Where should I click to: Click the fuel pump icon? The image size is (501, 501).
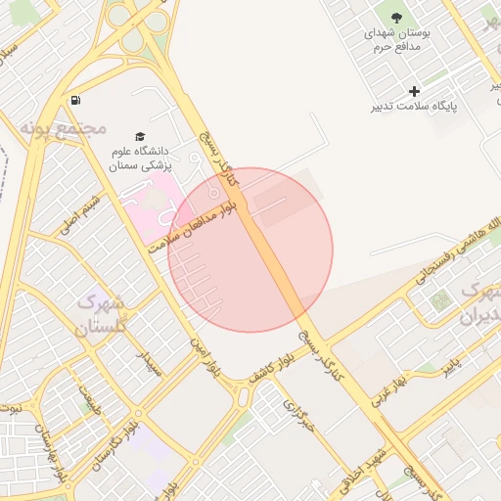pyautogui.click(x=76, y=100)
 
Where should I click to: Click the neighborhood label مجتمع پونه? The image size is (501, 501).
pyautogui.click(x=68, y=127)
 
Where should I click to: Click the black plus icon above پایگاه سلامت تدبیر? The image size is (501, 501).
pyautogui.click(x=415, y=91)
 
